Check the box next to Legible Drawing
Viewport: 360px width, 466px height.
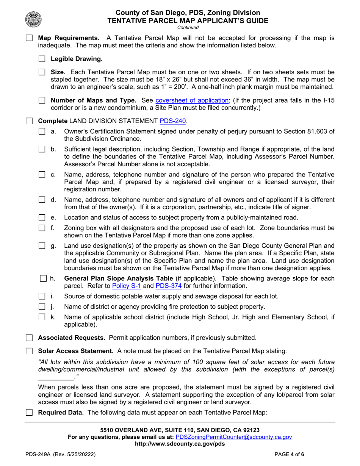coord(42,59)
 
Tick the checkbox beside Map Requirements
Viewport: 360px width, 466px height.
coord(29,38)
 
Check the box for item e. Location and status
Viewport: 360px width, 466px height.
coord(42,217)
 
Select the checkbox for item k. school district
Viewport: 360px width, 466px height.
coord(42,317)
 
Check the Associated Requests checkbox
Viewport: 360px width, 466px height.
coord(29,338)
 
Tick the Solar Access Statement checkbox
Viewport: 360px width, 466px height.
coord(29,351)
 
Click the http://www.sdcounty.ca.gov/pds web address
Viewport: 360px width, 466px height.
coord(180,444)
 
